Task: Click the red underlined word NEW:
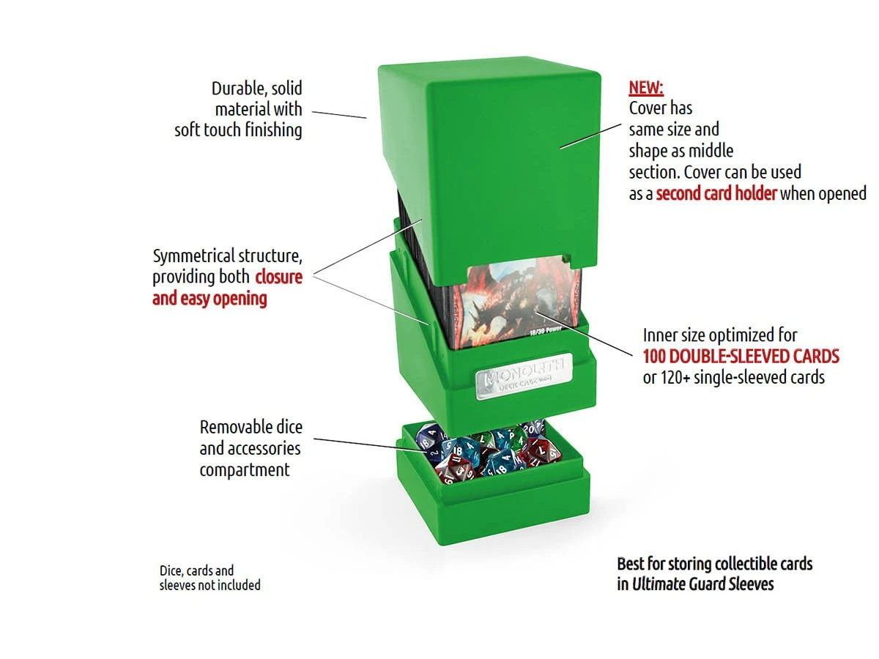click(x=645, y=89)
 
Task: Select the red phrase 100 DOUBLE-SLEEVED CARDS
click(x=741, y=357)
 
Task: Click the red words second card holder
click(x=716, y=194)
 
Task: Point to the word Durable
click(x=236, y=89)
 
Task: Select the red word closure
click(x=278, y=278)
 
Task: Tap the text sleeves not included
click(x=209, y=585)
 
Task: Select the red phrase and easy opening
click(x=209, y=299)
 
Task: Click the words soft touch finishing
click(x=238, y=130)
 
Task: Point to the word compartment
click(x=245, y=469)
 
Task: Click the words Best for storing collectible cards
click(x=714, y=564)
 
